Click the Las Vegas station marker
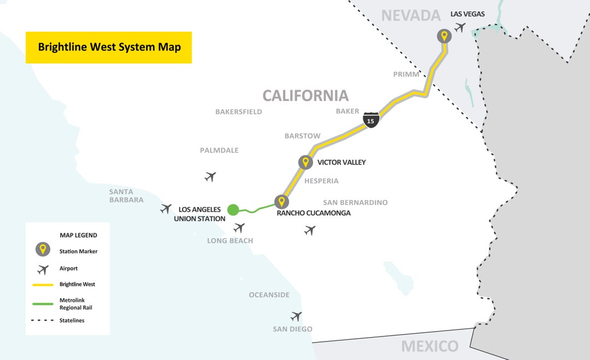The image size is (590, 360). pyautogui.click(x=444, y=37)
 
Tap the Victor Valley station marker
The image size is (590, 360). pyautogui.click(x=305, y=162)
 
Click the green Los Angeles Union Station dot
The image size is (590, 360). pyautogui.click(x=233, y=209)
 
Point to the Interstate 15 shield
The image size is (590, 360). pyautogui.click(x=371, y=120)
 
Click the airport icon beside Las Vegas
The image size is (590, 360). pyautogui.click(x=460, y=27)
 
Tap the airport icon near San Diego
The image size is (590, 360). pyautogui.click(x=296, y=316)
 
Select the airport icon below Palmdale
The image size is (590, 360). pyautogui.click(x=210, y=176)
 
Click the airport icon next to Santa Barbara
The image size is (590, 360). pyautogui.click(x=166, y=208)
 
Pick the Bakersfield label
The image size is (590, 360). pyautogui.click(x=239, y=111)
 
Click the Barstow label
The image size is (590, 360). pyautogui.click(x=302, y=135)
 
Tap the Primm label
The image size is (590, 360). pyautogui.click(x=406, y=74)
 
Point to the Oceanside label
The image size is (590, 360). pyautogui.click(x=269, y=295)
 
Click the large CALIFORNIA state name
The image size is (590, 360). pyautogui.click(x=305, y=96)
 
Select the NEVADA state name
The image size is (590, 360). pyautogui.click(x=410, y=15)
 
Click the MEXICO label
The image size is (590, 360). pyautogui.click(x=429, y=346)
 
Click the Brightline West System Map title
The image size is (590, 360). pyautogui.click(x=109, y=47)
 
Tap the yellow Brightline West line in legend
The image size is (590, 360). pyautogui.click(x=43, y=285)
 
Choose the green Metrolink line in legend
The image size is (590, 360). pyautogui.click(x=43, y=304)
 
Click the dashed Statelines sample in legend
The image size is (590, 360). pyautogui.click(x=43, y=321)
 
